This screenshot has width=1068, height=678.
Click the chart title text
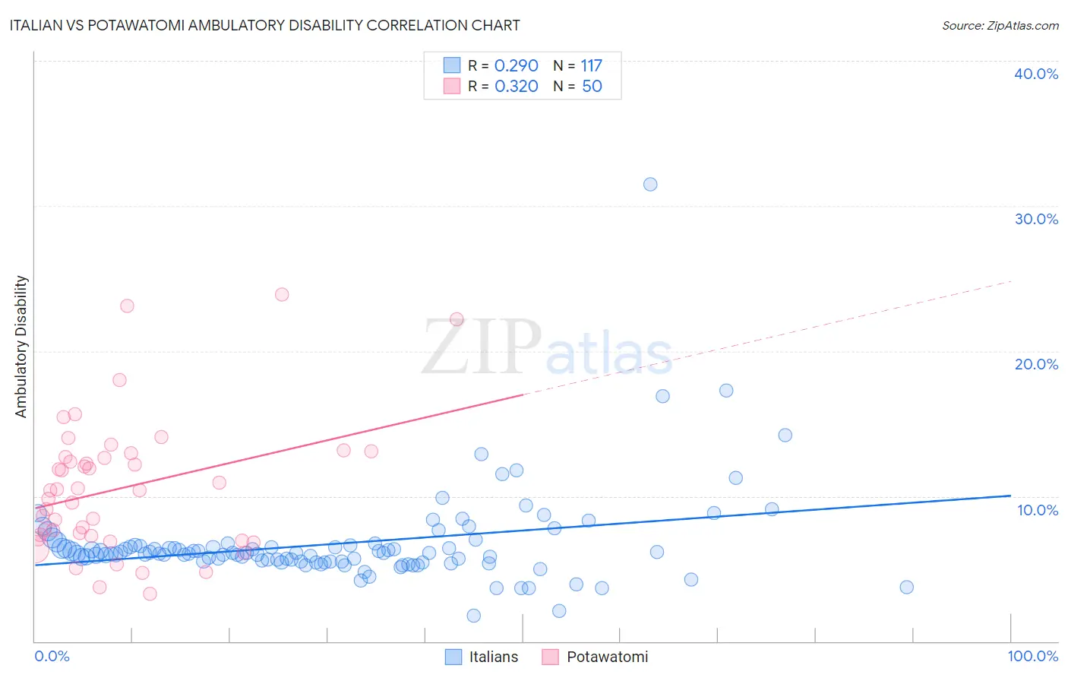tap(264, 25)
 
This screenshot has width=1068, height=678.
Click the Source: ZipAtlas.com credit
tap(1000, 26)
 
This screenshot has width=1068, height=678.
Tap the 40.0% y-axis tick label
tap(1036, 74)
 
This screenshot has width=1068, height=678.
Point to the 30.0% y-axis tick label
tap(1036, 219)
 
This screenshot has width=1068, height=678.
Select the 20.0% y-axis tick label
tap(1036, 364)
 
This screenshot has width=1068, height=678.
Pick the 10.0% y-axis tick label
tap(1038, 510)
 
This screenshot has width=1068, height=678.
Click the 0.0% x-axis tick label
tap(52, 656)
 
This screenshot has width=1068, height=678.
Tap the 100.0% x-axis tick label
tap(1032, 656)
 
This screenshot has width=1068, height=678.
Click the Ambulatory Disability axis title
tap(21, 347)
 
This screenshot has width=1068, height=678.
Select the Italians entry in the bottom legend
tap(493, 657)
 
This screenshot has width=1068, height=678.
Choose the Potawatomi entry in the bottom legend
tap(607, 657)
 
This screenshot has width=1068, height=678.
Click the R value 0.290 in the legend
tap(516, 66)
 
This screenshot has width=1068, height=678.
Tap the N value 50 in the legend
tap(592, 87)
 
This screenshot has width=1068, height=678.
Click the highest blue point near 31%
tap(650, 184)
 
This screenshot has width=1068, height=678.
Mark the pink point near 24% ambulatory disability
tap(282, 294)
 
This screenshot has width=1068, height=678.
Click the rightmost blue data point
tap(906, 587)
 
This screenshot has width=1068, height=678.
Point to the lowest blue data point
tap(474, 616)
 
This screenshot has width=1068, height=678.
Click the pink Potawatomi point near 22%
tap(457, 319)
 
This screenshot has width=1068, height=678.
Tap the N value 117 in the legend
tap(591, 66)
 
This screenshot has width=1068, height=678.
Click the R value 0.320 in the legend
tap(516, 87)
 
